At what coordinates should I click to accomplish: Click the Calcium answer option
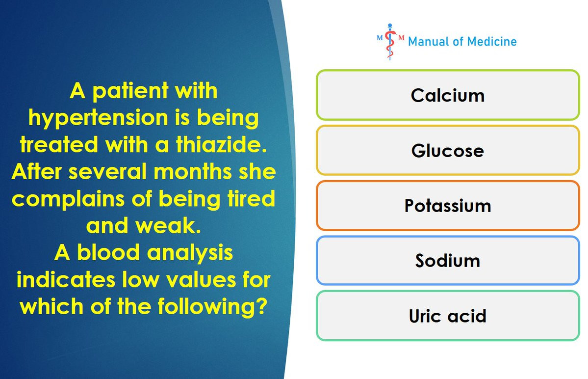click(x=448, y=95)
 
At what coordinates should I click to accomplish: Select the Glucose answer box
click(x=448, y=150)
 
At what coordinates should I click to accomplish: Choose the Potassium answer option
click(x=448, y=205)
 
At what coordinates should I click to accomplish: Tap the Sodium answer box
click(x=448, y=260)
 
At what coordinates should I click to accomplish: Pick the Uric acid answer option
click(x=448, y=316)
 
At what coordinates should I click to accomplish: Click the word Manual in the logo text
click(x=429, y=41)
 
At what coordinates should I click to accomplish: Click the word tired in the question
click(x=251, y=198)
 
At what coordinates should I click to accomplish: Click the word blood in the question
click(x=108, y=252)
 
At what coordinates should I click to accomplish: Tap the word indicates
click(x=66, y=279)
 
